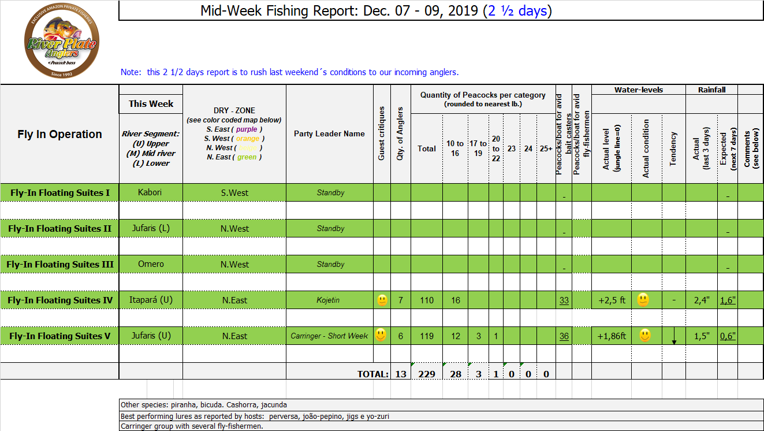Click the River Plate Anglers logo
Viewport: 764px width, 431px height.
61,43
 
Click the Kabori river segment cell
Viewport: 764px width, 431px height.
151,192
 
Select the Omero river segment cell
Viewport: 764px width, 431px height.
151,264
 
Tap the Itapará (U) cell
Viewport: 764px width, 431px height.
151,300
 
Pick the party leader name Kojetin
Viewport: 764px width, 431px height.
329,300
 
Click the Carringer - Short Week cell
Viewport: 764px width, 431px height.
329,336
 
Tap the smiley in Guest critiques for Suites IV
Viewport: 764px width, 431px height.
382,300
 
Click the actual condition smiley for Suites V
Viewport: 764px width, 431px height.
645,335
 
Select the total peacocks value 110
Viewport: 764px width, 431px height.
427,300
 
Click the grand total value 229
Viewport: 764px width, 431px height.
427,374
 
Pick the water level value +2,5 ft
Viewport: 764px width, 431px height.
612,300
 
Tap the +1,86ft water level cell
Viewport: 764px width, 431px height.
612,336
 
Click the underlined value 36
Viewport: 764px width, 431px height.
564,336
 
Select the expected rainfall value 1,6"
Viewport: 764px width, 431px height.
728,300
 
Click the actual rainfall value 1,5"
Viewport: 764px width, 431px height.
702,336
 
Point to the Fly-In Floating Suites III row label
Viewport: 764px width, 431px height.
60,264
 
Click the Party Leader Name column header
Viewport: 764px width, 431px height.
329,133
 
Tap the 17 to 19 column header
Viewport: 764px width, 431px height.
478,148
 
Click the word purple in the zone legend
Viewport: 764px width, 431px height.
247,129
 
